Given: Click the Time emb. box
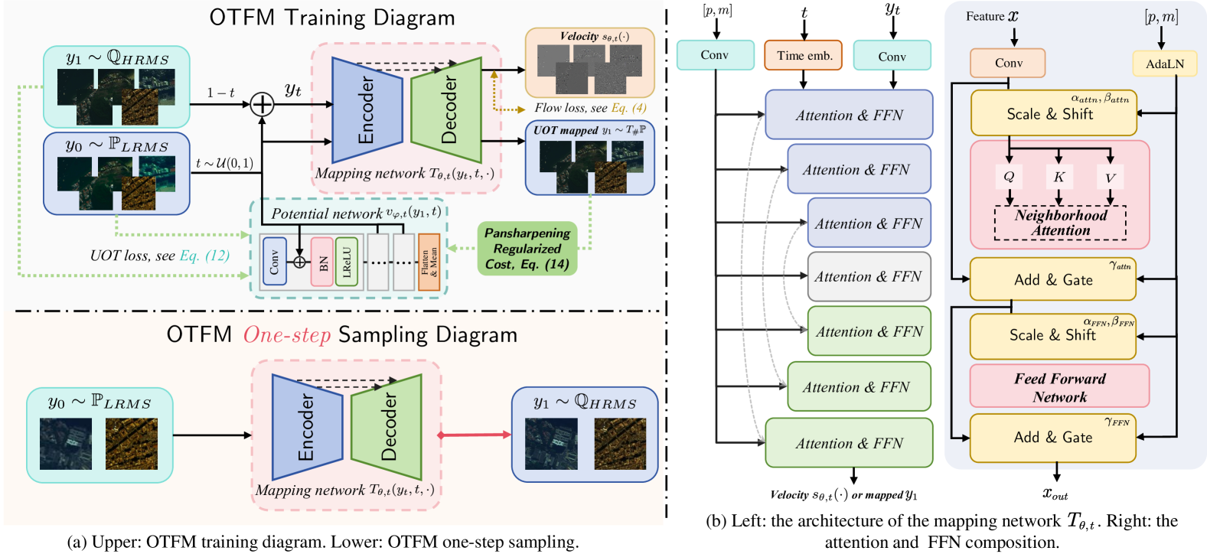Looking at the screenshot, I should pos(803,55).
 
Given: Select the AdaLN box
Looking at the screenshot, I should pos(1164,64).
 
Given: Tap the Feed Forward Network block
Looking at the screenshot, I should pos(1059,387).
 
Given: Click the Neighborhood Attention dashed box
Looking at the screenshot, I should pos(1060,223).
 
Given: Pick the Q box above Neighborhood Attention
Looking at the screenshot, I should pos(1009,177).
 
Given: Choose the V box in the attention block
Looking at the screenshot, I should pos(1110,177).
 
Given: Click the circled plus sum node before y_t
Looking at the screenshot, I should pos(263,104).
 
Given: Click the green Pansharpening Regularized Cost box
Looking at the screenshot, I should pos(527,249).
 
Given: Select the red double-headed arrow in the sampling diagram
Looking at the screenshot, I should pos(475,435).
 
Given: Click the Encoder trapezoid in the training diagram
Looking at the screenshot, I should pos(367,109).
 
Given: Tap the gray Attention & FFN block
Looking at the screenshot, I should pos(869,277).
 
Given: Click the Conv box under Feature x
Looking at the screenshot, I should pos(1008,63).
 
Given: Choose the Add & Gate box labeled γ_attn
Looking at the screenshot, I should pos(1053,279).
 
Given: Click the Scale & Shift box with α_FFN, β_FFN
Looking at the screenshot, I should pos(1053,335).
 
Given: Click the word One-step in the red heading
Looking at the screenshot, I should pos(287,335).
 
